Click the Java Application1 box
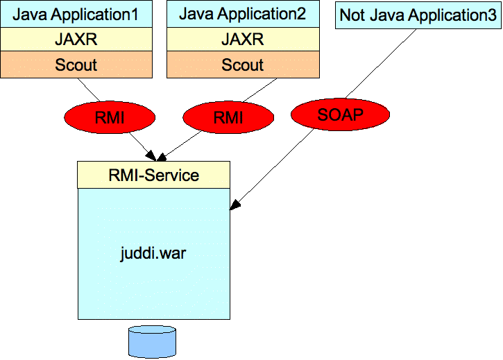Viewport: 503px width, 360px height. [x=76, y=14]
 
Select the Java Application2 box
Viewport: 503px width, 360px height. [x=243, y=14]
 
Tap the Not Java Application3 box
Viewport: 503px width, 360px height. [x=418, y=15]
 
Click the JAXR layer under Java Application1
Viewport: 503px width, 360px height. [x=76, y=39]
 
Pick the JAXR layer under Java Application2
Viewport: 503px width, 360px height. [x=243, y=39]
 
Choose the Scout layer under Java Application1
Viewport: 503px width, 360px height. [x=76, y=65]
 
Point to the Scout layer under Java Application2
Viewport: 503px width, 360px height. [x=243, y=65]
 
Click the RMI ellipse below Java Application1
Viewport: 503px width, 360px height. [x=110, y=117]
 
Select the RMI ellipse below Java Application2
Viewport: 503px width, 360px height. [x=228, y=117]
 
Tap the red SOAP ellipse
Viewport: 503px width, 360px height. [x=340, y=114]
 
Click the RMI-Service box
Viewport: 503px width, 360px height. [x=153, y=175]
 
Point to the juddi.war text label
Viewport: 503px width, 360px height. [x=153, y=253]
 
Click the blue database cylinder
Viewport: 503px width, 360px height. [x=152, y=342]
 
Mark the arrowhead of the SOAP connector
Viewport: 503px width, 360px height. [x=235, y=205]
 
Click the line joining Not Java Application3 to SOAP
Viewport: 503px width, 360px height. [x=381, y=64]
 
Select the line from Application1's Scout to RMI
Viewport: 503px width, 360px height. [x=89, y=90]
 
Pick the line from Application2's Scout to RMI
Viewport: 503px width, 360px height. [x=260, y=90]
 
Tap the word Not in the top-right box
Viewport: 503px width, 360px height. [x=352, y=15]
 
